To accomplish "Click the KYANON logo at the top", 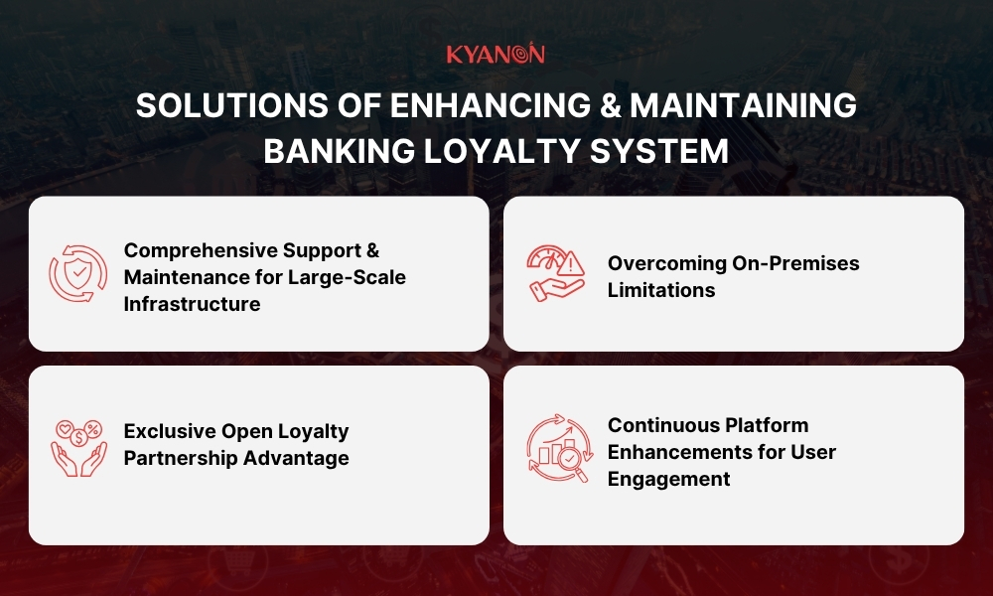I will (496, 54).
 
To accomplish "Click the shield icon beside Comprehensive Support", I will (77, 274).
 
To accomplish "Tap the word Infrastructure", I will (192, 304).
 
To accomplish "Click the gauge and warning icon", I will (556, 273).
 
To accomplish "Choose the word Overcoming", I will (665, 263).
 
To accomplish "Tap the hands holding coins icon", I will (77, 446).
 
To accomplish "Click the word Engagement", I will (669, 479).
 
